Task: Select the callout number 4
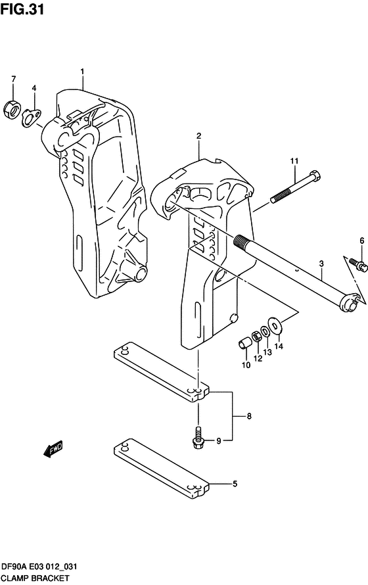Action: click(34, 88)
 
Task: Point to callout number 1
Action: click(83, 71)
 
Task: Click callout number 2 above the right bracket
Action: click(198, 136)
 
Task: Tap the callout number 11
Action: click(295, 161)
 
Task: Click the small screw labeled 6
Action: click(358, 263)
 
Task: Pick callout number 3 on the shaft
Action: click(321, 264)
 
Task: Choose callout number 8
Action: click(249, 416)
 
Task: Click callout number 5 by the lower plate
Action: click(235, 484)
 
